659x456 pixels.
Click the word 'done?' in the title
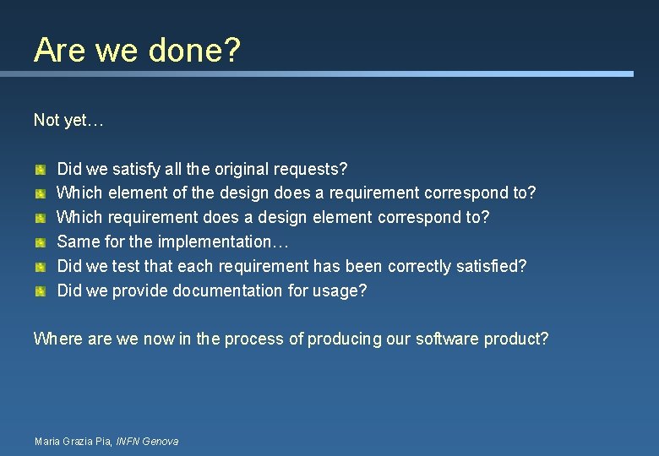coord(194,50)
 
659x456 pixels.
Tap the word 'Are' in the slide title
coord(59,50)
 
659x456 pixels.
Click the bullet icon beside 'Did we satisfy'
coord(40,170)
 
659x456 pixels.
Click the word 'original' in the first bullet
coord(244,169)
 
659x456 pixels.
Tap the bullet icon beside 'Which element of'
coord(40,194)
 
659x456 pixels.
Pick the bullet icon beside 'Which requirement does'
coord(40,219)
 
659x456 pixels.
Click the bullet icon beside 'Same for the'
coord(40,243)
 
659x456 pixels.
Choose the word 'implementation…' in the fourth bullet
coord(224,242)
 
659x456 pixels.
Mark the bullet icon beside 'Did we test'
coord(40,268)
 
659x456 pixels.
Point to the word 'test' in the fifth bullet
coord(126,266)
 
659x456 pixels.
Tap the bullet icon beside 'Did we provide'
coord(40,292)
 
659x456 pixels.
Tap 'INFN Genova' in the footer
coord(147,441)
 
